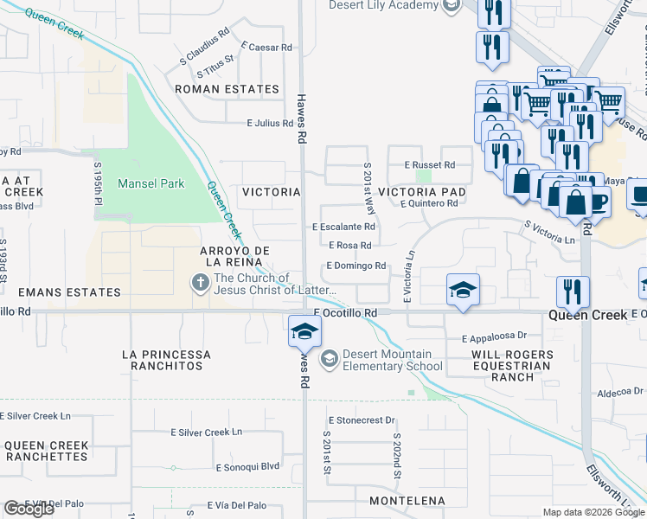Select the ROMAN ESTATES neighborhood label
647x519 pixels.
coord(227,89)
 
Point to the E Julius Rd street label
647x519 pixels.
coord(270,124)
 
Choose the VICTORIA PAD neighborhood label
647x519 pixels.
coord(422,191)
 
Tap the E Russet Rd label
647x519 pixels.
coord(429,164)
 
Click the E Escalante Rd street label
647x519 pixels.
coord(343,227)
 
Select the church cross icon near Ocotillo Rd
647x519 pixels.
coord(200,282)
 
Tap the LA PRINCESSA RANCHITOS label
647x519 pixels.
coord(166,360)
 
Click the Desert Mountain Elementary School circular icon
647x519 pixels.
coord(329,358)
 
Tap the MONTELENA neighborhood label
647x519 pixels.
coord(407,501)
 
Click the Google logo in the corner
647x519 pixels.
coord(29,509)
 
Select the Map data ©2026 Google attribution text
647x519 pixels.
coord(593,512)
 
